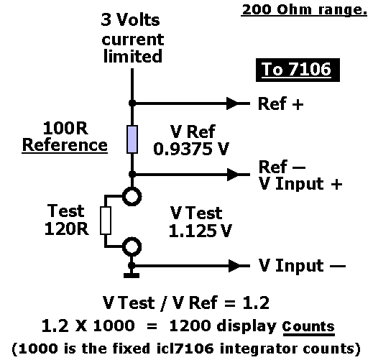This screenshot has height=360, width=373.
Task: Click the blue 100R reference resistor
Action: coord(132,139)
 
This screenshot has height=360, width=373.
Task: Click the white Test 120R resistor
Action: coord(106,221)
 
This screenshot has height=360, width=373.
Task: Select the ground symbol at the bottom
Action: coord(132,275)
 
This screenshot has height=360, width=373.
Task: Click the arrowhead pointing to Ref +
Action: coord(232,103)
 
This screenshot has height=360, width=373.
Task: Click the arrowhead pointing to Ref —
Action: coord(233,175)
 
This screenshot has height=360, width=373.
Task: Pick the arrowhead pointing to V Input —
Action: coord(234,266)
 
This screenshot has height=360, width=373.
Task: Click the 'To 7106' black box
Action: coord(298,70)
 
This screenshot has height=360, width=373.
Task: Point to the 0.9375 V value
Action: coord(191,149)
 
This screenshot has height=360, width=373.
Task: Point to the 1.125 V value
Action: coord(201,231)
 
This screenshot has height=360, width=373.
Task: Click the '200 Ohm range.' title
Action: coord(304,10)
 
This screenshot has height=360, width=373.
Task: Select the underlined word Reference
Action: coord(65,145)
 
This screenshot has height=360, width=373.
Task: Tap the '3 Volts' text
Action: coord(130,19)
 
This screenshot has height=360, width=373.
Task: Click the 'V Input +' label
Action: coord(300,184)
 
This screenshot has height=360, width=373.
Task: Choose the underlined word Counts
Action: coord(308,326)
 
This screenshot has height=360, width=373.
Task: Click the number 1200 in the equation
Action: coord(190,326)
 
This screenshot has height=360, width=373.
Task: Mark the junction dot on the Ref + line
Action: coord(132,103)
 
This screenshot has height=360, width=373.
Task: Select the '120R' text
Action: coord(67,229)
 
